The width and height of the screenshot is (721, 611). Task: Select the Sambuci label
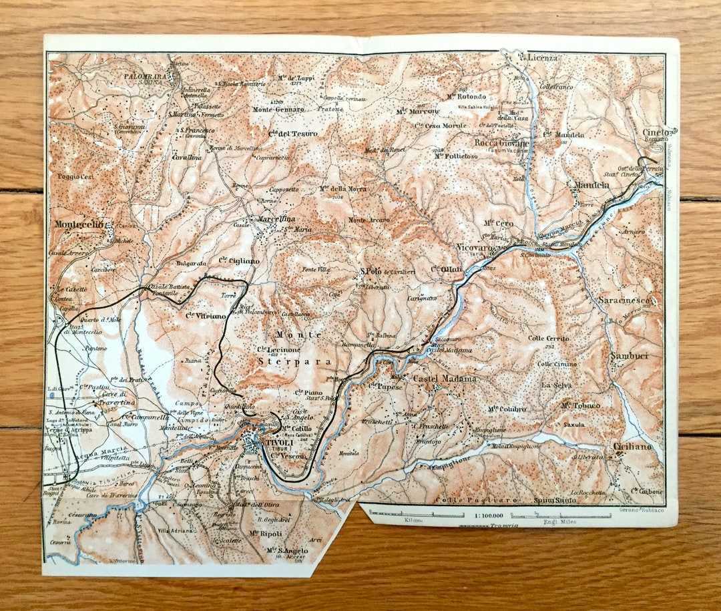coord(629,356)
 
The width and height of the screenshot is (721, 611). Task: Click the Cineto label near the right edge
coord(656,132)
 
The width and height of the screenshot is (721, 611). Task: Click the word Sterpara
coord(284,361)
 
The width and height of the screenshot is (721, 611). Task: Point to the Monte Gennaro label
coord(278,110)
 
